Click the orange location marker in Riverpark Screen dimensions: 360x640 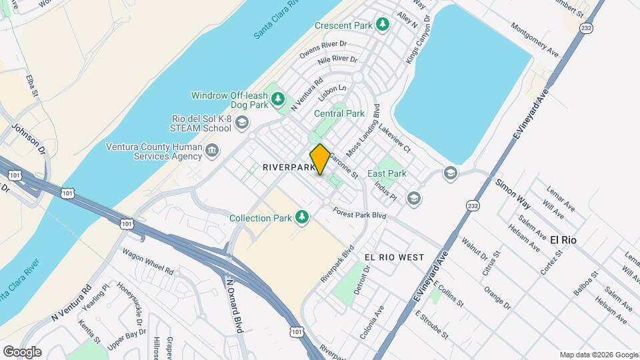[x=320, y=159]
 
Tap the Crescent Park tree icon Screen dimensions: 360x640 [x=382, y=25]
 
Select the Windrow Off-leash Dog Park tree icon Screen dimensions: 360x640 [x=279, y=100]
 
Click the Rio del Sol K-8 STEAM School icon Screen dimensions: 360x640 [x=241, y=122]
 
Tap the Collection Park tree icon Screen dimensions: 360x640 [x=302, y=217]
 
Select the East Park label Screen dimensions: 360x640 [x=391, y=173]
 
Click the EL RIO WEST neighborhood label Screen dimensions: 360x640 [x=394, y=257]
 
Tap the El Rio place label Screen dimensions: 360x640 [x=563, y=239]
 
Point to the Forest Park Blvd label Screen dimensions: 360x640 [x=360, y=215]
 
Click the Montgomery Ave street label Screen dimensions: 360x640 [x=534, y=39]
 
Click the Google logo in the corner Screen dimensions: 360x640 [x=22, y=351]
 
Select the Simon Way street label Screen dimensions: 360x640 [x=513, y=194]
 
